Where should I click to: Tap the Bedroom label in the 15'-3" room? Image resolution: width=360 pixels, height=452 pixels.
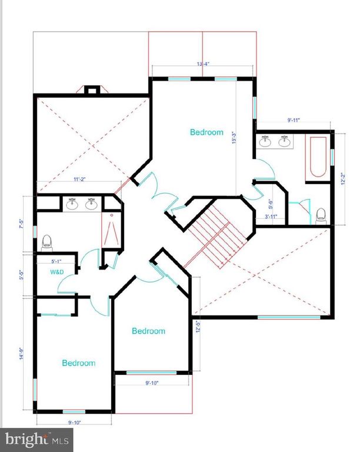206,132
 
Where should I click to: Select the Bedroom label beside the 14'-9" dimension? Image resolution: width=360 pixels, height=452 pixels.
79,363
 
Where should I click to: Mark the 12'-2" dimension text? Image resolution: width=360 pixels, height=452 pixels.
342,177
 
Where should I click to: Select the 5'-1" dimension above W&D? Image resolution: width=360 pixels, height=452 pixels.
56,260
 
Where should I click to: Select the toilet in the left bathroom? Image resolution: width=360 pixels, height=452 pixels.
46,242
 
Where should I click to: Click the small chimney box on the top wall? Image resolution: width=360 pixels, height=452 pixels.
91,90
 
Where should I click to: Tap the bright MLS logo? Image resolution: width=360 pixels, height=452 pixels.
36,439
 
